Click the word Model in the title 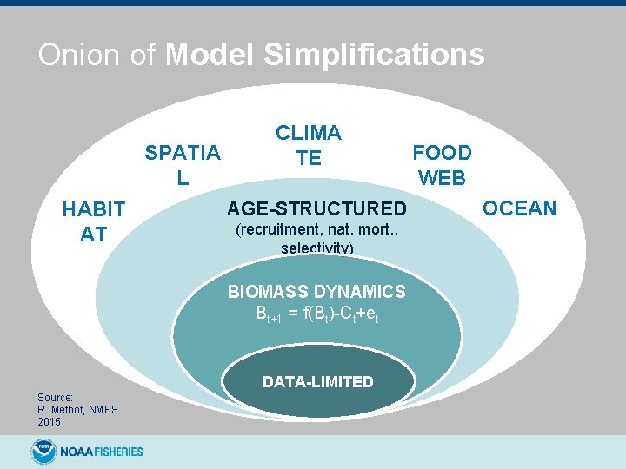point(210,55)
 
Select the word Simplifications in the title point(374,55)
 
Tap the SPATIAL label point(182,165)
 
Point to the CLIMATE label point(309,145)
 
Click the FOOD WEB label point(442,165)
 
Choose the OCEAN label point(519,208)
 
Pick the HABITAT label point(93,221)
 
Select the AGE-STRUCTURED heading point(316,208)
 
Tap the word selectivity point(316,248)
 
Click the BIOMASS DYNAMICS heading point(316,292)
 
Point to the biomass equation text point(316,313)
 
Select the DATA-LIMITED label point(317,382)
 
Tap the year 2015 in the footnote point(49,421)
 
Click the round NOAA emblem point(43,451)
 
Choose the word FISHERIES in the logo point(114,452)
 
